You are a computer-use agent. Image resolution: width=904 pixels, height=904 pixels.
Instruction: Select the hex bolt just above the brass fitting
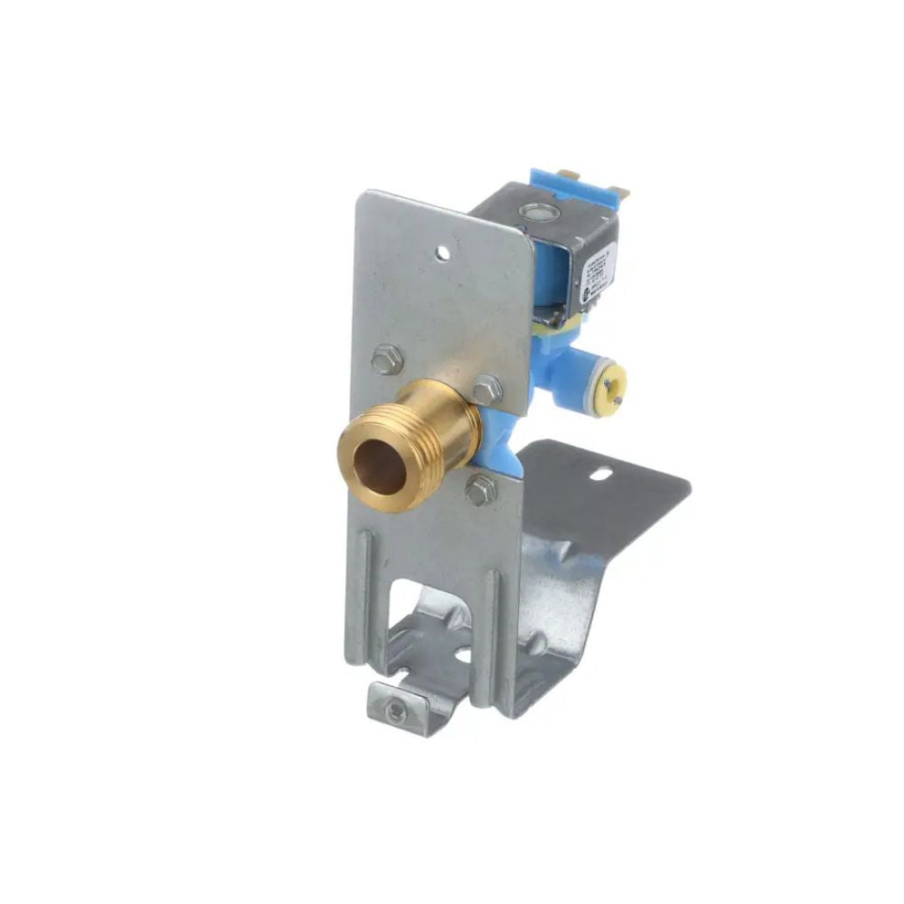[488, 389]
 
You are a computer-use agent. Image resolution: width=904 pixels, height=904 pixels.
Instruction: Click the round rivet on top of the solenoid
[541, 213]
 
